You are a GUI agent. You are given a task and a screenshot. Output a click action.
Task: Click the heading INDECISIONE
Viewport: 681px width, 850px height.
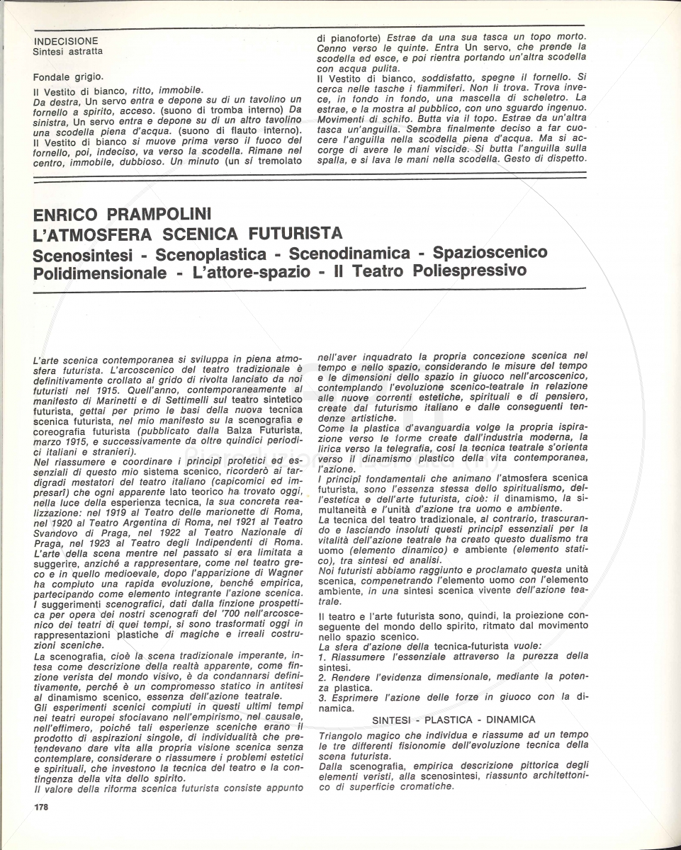66,41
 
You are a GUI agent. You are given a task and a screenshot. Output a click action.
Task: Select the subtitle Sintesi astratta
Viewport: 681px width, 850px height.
68,51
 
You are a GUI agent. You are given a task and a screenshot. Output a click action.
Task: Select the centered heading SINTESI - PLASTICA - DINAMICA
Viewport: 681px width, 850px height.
454,720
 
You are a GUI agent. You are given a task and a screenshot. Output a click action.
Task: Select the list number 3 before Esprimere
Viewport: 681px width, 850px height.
321,698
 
